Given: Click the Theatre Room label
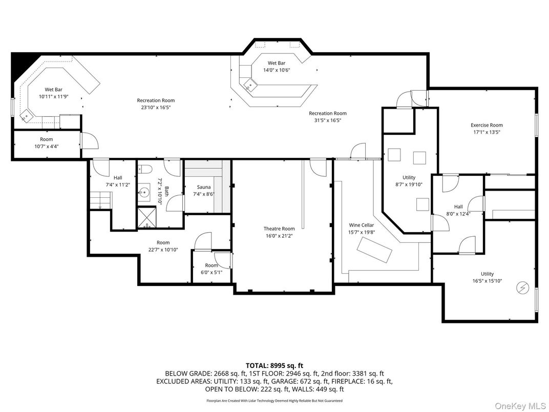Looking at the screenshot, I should (x=279, y=229).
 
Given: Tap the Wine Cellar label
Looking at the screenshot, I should (x=362, y=225).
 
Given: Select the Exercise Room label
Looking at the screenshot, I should (x=487, y=125).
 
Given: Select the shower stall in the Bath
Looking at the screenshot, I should (x=147, y=217).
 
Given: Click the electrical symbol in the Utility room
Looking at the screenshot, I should (x=523, y=288).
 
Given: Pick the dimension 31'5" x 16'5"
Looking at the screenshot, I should (x=327, y=120).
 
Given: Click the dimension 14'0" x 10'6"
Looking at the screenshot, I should (x=276, y=70).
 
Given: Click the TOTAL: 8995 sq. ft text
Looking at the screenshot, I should (x=274, y=365).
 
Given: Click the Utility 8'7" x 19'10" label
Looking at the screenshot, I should (x=409, y=181).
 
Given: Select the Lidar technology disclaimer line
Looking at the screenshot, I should (x=274, y=401).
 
